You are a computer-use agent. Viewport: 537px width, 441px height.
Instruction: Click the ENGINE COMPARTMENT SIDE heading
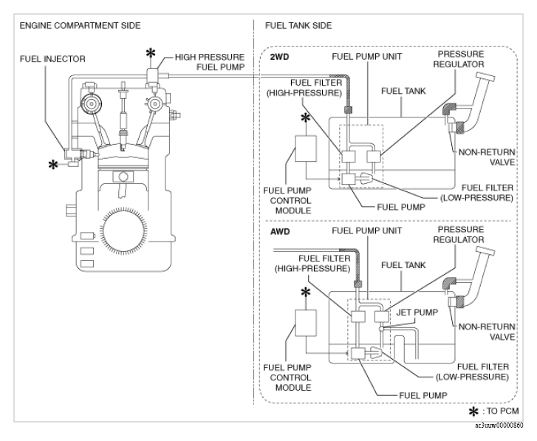[x=80, y=26]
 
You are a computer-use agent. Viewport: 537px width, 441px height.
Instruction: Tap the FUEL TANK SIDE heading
[x=298, y=26]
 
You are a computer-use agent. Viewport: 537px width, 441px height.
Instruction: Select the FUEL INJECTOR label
[x=52, y=59]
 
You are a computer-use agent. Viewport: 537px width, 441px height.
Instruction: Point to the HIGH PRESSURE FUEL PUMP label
[x=210, y=62]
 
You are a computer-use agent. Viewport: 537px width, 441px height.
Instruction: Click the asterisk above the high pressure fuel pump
[x=151, y=53]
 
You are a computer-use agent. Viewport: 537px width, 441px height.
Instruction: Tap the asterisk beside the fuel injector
[x=53, y=165]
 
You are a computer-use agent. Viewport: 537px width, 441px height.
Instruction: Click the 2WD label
[x=279, y=57]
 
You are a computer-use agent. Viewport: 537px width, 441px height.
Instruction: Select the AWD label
[x=280, y=231]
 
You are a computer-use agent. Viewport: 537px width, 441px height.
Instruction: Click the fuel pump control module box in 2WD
[x=306, y=148]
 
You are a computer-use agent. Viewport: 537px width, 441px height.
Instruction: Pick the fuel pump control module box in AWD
[x=306, y=323]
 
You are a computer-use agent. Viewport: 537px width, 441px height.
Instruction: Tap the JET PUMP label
[x=417, y=312]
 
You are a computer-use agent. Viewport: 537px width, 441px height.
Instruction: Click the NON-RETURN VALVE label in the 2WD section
[x=487, y=157]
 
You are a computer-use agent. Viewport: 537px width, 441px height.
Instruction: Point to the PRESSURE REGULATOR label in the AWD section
[x=459, y=235]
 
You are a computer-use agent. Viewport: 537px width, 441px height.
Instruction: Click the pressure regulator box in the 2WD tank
[x=374, y=157]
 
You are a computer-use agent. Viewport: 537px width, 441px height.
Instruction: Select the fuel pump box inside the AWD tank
[x=358, y=353]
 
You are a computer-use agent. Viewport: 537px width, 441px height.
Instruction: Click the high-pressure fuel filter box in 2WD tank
[x=349, y=157]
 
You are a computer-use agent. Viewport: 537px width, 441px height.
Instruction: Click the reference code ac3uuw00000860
[x=499, y=425]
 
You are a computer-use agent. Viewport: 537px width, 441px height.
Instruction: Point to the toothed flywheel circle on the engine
[x=123, y=231]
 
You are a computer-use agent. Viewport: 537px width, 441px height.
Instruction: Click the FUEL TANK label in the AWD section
[x=403, y=265]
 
